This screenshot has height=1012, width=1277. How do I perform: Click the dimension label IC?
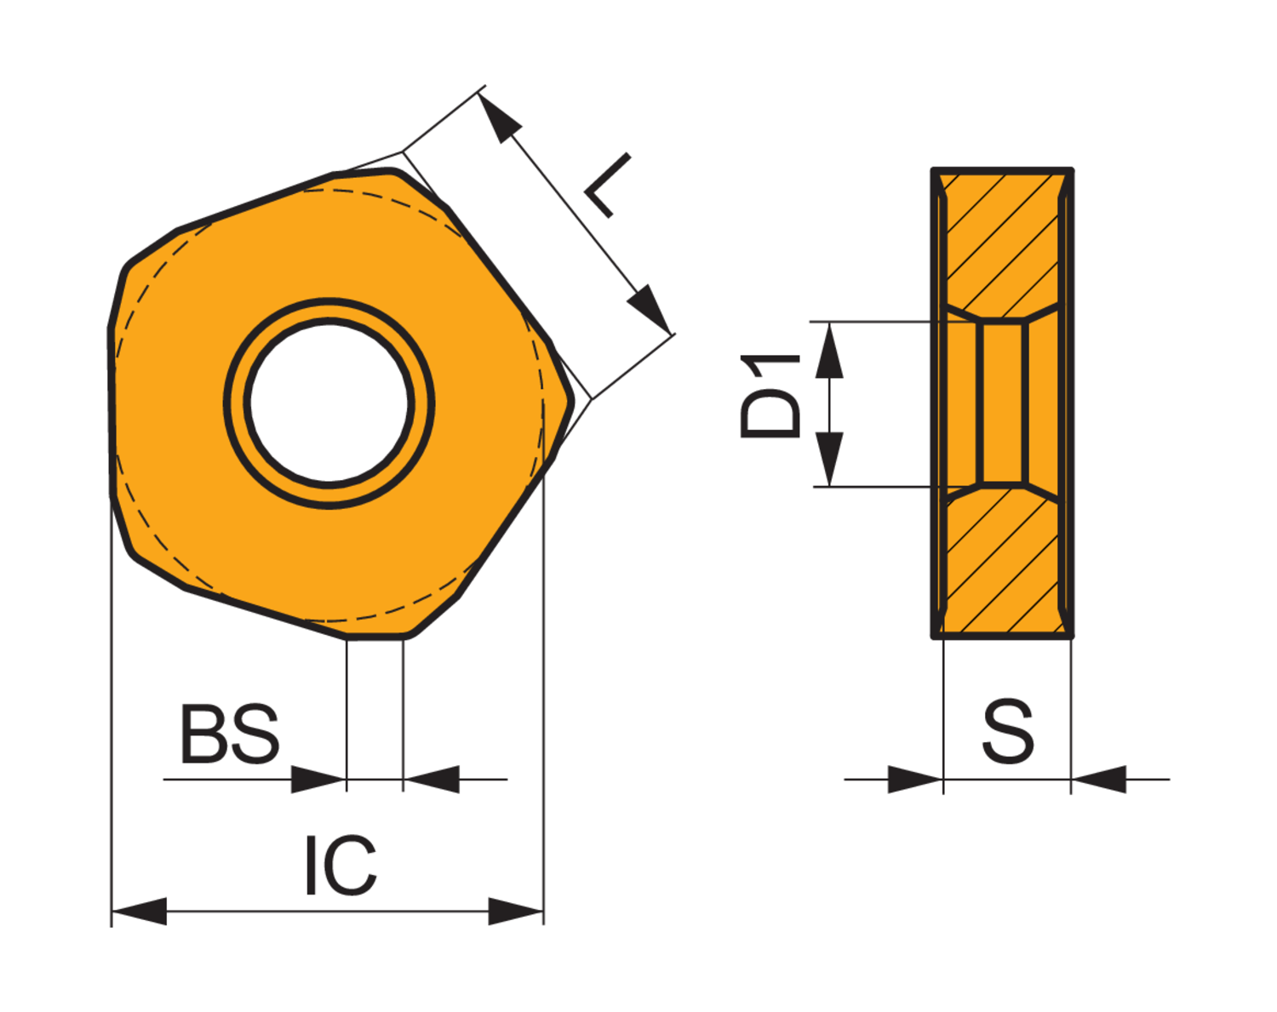(341, 866)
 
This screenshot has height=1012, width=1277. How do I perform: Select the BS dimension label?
(229, 734)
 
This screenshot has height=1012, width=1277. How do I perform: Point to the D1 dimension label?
(770, 396)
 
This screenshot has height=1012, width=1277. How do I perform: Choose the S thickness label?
(1008, 732)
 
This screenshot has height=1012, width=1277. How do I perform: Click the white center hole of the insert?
(329, 403)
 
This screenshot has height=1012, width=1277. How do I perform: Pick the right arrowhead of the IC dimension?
(516, 911)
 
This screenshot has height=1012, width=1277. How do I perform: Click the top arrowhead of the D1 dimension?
(828, 350)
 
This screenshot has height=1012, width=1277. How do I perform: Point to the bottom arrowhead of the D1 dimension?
(828, 460)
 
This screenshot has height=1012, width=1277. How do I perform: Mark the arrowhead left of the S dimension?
(915, 779)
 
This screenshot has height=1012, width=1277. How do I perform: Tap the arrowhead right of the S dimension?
(1099, 779)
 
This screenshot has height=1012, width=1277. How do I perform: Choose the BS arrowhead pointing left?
(432, 779)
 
